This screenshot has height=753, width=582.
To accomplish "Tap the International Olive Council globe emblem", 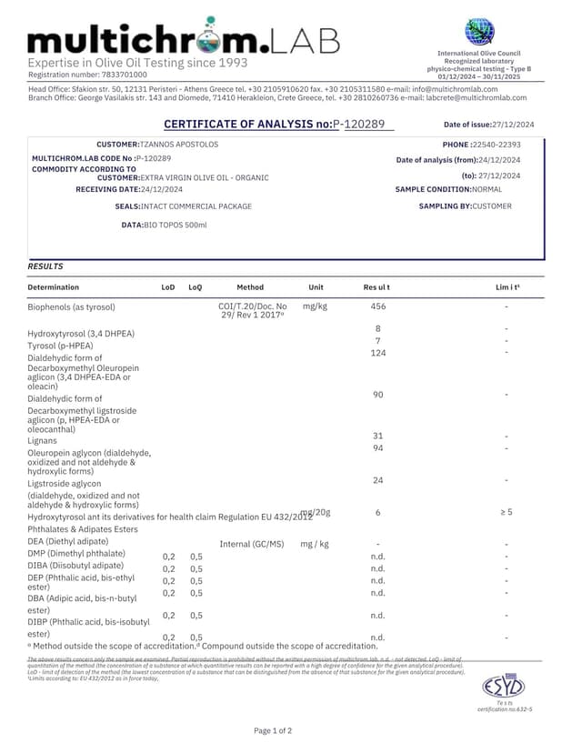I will click(479, 33).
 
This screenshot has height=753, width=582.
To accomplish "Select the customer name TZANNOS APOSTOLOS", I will click(179, 145).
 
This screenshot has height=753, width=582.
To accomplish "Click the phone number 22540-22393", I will click(497, 145).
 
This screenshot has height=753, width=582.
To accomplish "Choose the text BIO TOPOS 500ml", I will click(176, 225).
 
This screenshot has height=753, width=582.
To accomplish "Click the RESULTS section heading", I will click(45, 267).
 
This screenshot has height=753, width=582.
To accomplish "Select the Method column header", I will click(249, 287).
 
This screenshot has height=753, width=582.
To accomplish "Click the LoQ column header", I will click(196, 287).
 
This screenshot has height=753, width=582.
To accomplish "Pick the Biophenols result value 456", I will click(378, 307).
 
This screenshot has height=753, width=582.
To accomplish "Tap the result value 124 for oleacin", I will click(378, 353).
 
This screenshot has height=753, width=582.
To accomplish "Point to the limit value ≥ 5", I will click(506, 512).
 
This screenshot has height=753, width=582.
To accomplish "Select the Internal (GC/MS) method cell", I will click(252, 544).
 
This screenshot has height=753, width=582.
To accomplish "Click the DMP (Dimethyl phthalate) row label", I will click(76, 553).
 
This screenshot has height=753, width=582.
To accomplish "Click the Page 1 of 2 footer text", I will click(273, 730).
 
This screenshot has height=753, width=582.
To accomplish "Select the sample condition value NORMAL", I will click(487, 189).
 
